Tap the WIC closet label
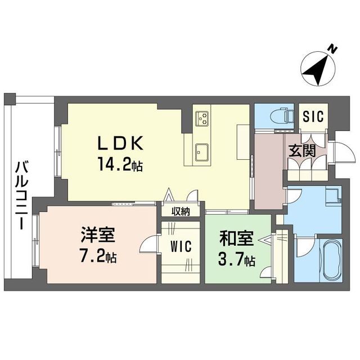182,247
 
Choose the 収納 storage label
181,211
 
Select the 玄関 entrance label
302,151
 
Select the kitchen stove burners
201,119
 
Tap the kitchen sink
201,151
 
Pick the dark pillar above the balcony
10,99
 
